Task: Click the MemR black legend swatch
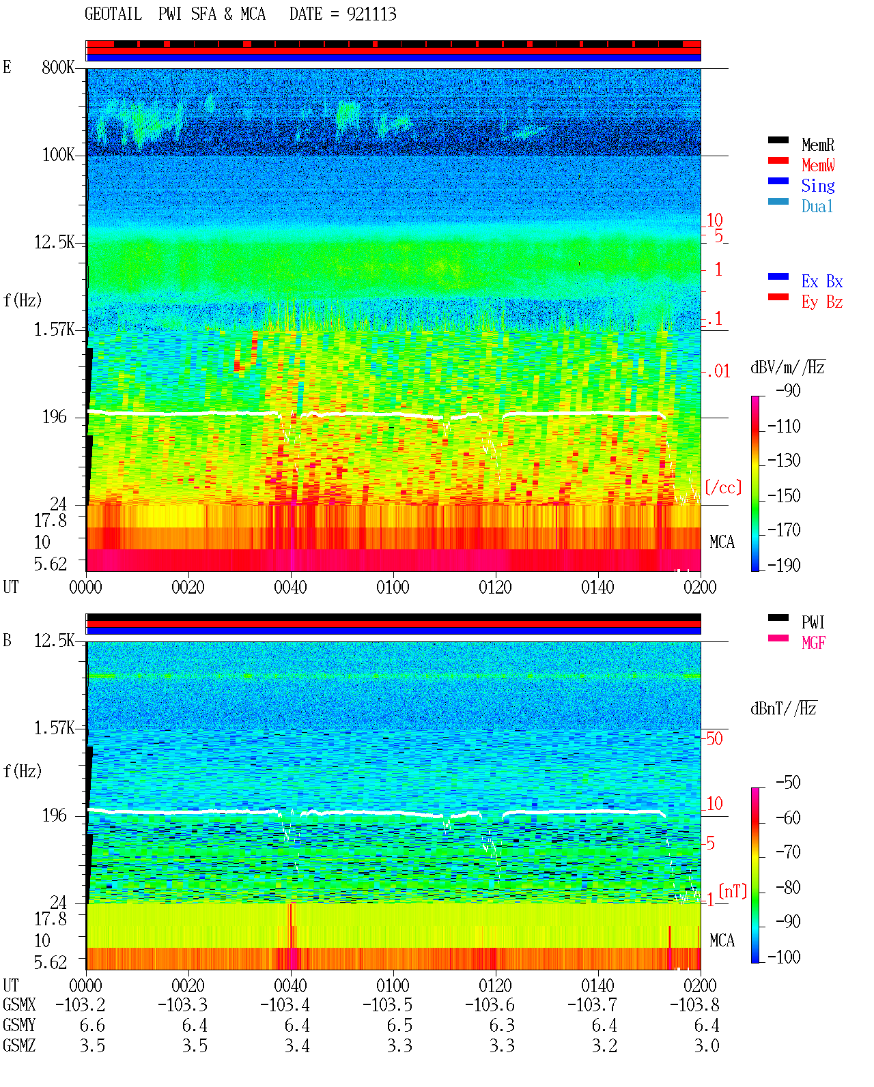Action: [778, 140]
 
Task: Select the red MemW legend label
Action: [818, 165]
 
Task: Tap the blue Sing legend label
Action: [817, 186]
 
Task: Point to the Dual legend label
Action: [817, 206]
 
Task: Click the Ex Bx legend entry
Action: [822, 281]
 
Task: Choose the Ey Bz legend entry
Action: [822, 302]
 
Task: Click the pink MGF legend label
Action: [813, 643]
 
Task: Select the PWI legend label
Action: [813, 622]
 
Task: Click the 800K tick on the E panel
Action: [58, 67]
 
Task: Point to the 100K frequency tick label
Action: [58, 155]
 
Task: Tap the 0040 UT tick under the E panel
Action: [290, 587]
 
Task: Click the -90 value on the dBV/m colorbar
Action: [788, 390]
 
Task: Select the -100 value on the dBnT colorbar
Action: [784, 957]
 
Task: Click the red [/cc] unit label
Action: [723, 487]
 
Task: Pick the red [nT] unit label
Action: [733, 891]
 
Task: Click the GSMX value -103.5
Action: [388, 1005]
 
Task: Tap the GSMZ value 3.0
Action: [706, 1045]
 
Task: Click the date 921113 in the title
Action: [371, 14]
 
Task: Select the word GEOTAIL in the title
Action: [113, 14]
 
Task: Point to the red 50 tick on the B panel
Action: [714, 738]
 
